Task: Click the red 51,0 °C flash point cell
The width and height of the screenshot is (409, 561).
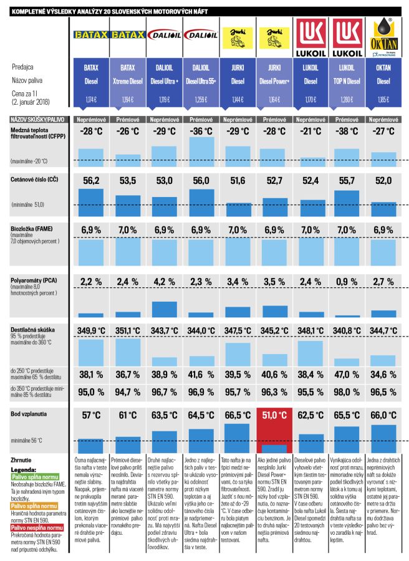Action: pos(274,415)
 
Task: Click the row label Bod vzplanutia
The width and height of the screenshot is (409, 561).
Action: pos(30,413)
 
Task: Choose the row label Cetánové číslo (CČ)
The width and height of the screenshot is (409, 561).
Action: pos(34,178)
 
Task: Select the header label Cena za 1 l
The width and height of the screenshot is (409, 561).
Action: pos(29,92)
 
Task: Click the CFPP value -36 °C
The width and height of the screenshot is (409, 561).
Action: pos(201,132)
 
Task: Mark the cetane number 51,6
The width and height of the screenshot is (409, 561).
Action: pos(237,180)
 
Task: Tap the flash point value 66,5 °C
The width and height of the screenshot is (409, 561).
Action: pos(237,415)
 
